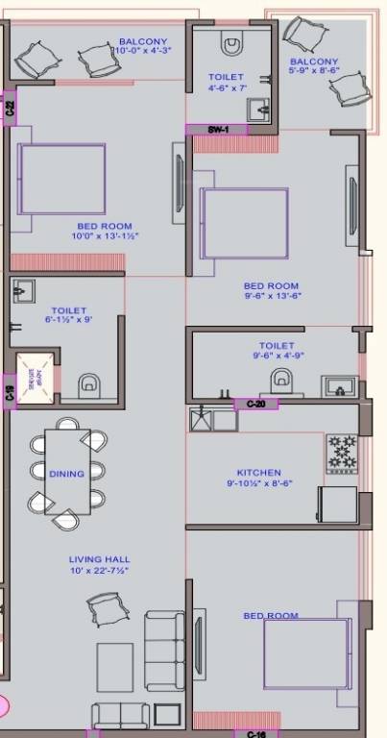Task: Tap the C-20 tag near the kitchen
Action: tap(255, 404)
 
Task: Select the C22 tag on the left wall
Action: tap(11, 109)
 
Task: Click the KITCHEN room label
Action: tap(259, 473)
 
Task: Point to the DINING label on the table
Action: tap(67, 474)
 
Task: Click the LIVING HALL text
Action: tap(99, 559)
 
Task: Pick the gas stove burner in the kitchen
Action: tap(342, 453)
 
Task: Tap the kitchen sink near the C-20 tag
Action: tap(203, 419)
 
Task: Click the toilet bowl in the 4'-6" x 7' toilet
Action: tap(232, 43)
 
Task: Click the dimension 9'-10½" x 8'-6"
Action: tap(259, 485)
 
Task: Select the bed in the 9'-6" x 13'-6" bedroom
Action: tap(245, 223)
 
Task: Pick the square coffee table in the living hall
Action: tap(115, 665)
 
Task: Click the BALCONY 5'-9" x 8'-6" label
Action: tap(314, 66)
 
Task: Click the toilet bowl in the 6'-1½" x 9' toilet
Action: tap(88, 385)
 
